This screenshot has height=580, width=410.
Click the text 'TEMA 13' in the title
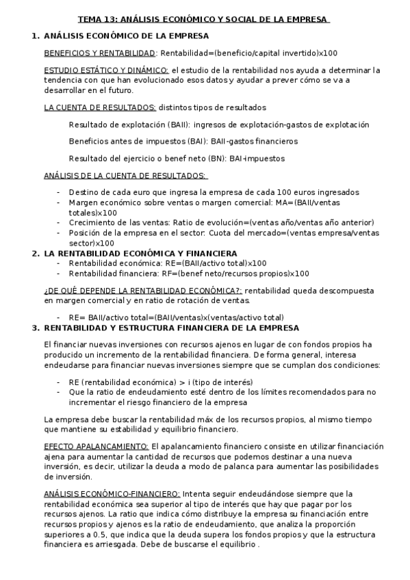96,20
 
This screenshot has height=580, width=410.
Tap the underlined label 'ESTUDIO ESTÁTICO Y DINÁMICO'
106,70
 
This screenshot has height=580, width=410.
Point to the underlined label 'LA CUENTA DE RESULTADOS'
100,107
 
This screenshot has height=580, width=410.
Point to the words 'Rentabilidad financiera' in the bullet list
110,274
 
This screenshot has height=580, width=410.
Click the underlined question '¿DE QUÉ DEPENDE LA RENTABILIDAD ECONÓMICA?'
142,291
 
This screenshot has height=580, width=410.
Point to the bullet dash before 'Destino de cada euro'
58,193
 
